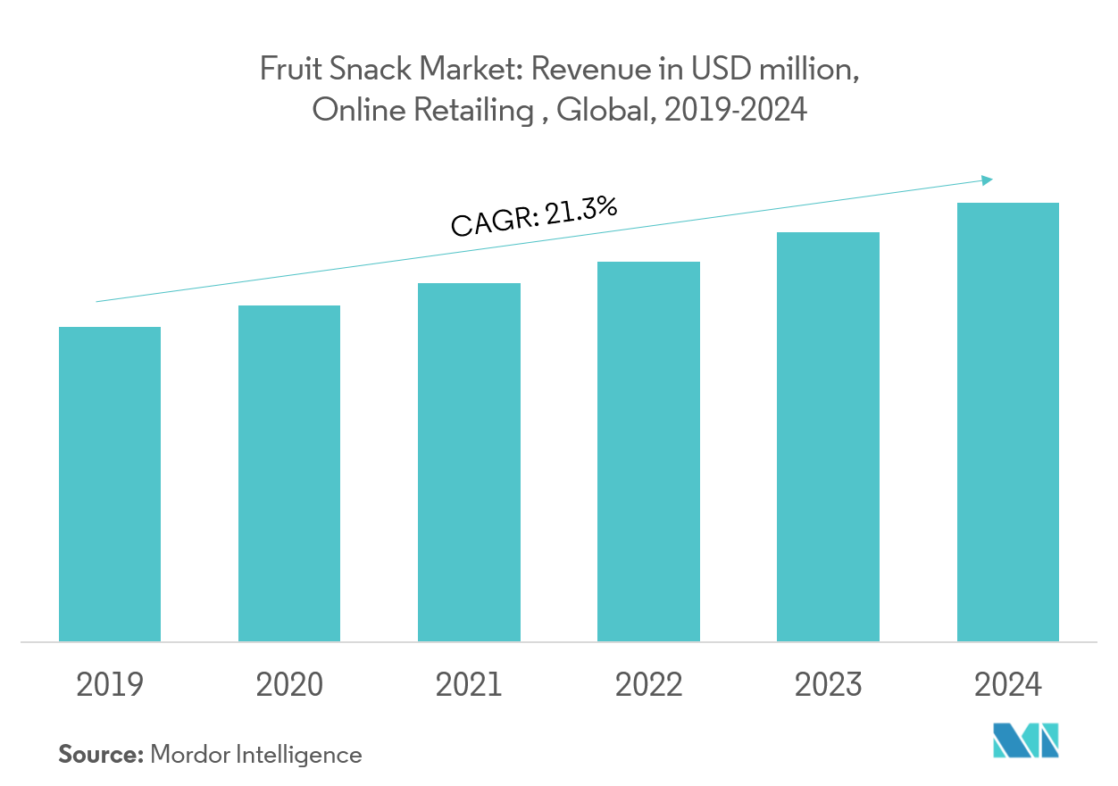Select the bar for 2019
[110, 483]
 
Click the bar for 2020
[289, 472]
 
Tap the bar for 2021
[469, 462]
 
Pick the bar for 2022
[648, 451]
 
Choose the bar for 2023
[828, 436]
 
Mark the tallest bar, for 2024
[1007, 422]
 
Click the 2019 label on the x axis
[110, 685]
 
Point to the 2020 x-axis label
[289, 685]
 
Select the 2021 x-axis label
[469, 685]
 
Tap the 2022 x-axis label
[648, 685]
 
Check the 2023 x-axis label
[828, 685]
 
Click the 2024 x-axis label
[1007, 685]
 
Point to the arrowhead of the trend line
[987, 180]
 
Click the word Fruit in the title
[285, 70]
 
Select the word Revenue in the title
[589, 70]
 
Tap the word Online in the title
[348, 110]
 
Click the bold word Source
[101, 755]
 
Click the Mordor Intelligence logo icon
[1025, 741]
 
